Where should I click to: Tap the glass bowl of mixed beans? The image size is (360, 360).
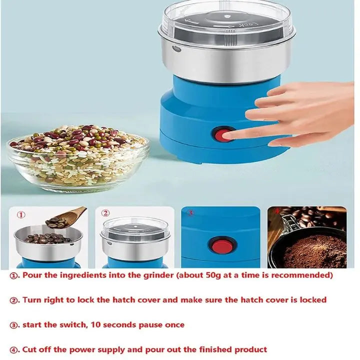coord(78,158)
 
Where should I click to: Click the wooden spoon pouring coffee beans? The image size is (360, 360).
coord(66,217)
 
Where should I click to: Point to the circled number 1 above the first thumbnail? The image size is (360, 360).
coord(21,215)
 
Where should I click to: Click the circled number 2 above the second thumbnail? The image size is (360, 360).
coord(105,213)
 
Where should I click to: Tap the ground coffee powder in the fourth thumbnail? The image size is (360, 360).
coord(315,251)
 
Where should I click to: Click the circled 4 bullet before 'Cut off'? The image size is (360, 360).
coord(14,350)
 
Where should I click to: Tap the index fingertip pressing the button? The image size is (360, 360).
coord(226,135)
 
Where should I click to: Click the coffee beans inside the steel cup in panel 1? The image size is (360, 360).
coord(46,239)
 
